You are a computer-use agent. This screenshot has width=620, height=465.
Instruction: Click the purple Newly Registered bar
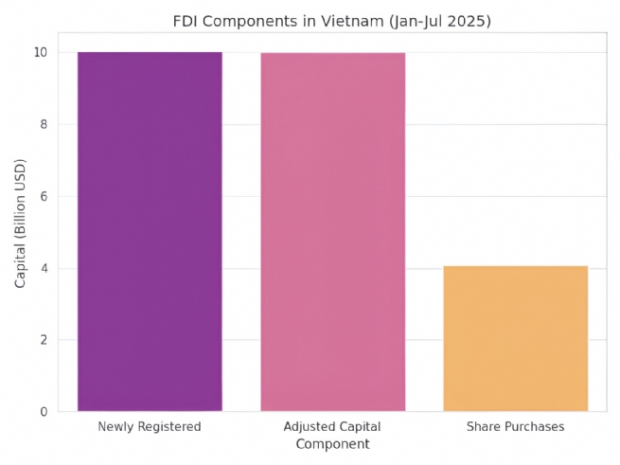150,231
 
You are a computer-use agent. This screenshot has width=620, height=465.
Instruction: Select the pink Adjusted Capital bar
332,232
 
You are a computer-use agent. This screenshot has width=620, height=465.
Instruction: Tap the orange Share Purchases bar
515,338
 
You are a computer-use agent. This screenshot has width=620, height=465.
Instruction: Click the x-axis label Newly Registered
150,427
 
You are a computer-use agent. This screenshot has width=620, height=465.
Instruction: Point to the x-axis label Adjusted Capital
332,427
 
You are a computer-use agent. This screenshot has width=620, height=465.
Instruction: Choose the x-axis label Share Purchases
515,427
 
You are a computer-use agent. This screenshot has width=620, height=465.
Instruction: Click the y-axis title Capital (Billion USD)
20,232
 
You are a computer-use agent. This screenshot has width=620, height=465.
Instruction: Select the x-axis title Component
332,444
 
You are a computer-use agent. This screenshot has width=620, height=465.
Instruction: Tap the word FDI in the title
186,21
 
